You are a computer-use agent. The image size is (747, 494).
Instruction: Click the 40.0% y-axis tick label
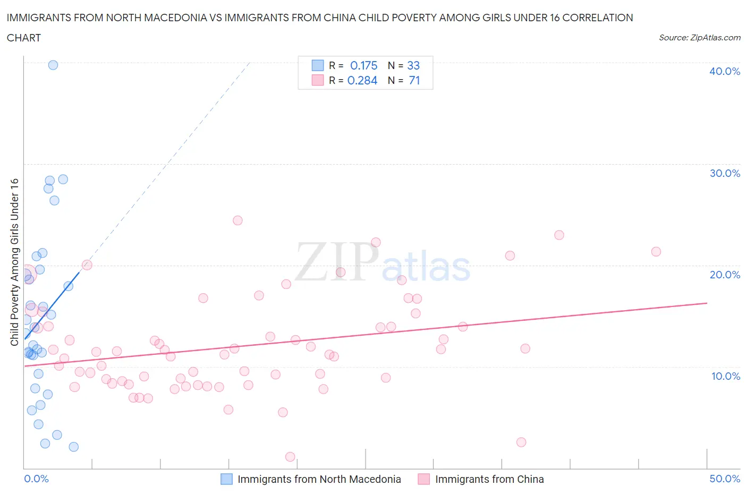coord(724,71)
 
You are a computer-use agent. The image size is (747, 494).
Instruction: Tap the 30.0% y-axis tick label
coord(724,173)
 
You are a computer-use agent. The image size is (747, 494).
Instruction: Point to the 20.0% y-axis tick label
coord(724,275)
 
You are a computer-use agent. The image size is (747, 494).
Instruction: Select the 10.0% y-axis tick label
coord(725,376)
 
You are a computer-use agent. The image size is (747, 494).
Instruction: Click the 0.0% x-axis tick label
coord(36,479)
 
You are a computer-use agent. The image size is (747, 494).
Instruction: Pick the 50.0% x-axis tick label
coord(725,479)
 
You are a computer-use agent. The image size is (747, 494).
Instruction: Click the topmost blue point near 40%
coord(53,65)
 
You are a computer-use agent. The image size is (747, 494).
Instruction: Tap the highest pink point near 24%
coord(237,220)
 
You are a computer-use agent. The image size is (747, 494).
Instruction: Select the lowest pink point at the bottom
coord(290,457)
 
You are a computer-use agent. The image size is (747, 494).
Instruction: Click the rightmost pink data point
coord(656,252)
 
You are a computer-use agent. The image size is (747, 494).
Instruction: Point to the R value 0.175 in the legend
coord(363,65)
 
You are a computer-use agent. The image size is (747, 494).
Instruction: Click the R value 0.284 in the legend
coord(362,80)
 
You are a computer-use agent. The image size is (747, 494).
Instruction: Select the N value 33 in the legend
coord(413,65)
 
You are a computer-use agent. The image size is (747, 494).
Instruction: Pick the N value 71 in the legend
coord(414,80)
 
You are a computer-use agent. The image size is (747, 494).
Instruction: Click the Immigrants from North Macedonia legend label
coord(319,479)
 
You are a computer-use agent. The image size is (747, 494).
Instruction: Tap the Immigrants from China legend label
coord(489,479)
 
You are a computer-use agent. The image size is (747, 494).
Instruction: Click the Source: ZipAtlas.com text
coord(699,37)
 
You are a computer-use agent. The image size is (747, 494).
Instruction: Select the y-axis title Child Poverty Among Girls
coord(15,261)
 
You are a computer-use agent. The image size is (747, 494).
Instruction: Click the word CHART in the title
coord(24,38)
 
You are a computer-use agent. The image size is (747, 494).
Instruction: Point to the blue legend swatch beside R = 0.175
coord(317,65)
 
